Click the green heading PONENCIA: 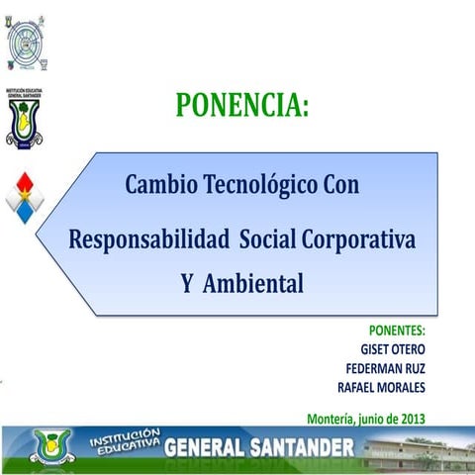point(242,104)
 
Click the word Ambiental point(254,284)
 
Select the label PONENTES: point(397,331)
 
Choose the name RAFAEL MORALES point(381,386)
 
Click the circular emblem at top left point(26,42)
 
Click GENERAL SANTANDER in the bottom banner point(258,446)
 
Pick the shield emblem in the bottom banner point(50,447)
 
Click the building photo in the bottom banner point(416,450)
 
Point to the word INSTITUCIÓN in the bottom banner point(124,436)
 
